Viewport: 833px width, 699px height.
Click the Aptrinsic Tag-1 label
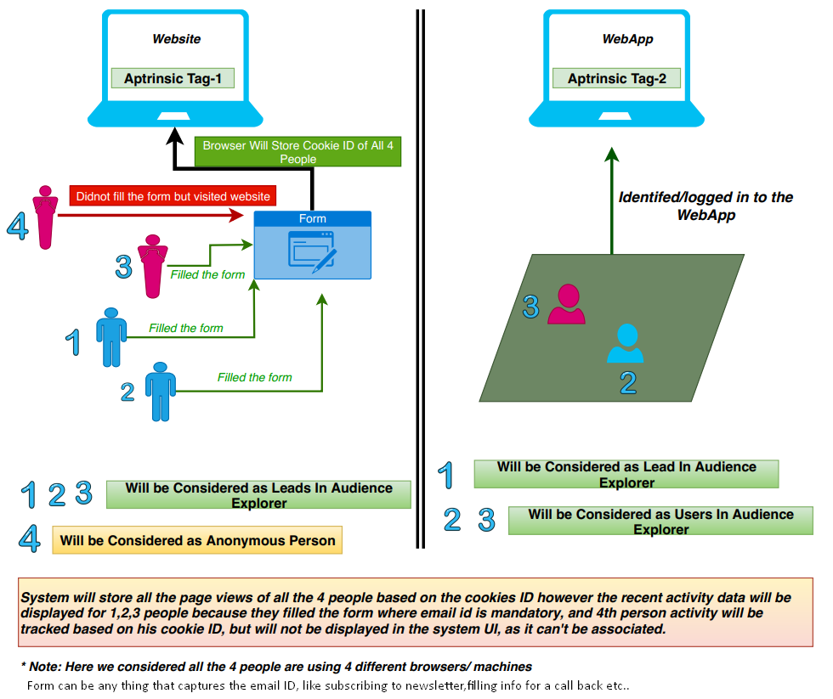[173, 78]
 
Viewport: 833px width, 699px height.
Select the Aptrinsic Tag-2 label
[616, 78]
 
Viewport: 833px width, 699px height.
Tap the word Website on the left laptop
[177, 39]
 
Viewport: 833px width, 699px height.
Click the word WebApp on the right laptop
[627, 39]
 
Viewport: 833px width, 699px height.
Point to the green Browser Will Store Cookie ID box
[298, 152]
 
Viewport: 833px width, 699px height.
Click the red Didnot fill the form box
[173, 196]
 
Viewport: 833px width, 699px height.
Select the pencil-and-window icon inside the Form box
[313, 251]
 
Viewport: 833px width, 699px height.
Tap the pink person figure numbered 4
[45, 217]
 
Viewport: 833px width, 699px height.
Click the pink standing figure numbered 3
[152, 266]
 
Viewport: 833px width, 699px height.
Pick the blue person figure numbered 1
[111, 337]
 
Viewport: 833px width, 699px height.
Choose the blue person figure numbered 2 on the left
[161, 392]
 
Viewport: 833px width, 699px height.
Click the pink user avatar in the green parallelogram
[567, 303]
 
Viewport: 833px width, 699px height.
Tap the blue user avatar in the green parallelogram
[626, 343]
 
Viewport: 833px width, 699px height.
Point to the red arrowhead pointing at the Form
[236, 215]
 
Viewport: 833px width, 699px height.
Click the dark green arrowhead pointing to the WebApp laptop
[612, 154]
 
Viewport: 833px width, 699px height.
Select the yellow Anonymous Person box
[197, 540]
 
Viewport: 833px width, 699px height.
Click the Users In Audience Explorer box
[660, 521]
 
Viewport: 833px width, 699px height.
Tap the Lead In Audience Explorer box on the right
[626, 474]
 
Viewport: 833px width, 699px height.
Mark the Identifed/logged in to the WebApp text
[705, 206]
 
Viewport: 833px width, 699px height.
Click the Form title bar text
[313, 218]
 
